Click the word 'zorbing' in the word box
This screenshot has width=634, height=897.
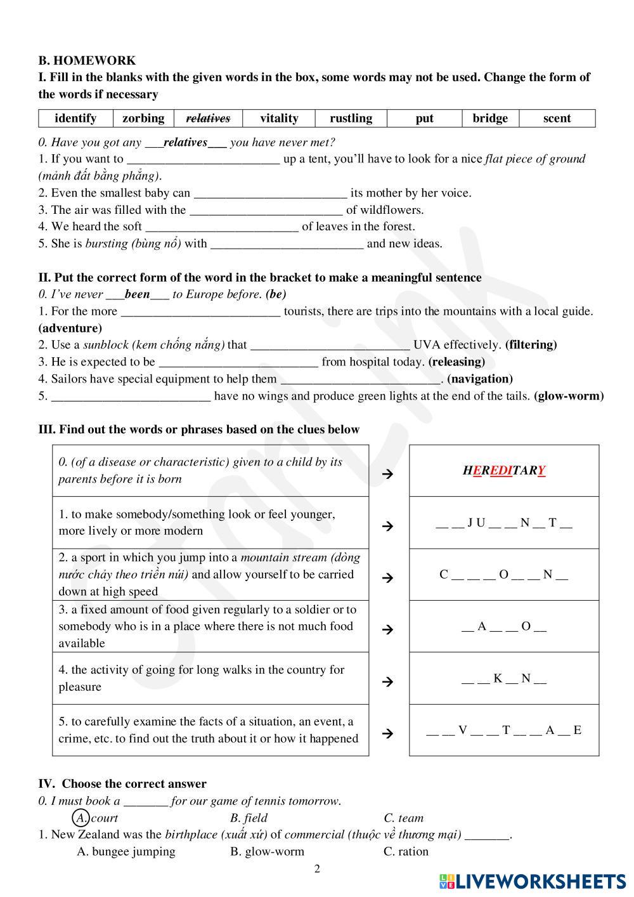coord(143,118)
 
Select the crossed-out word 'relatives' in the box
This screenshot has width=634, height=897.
coord(208,118)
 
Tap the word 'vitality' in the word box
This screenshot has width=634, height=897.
coord(279,118)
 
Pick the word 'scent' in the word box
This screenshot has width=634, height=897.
coord(557,118)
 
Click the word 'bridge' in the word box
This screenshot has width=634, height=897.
coord(490,118)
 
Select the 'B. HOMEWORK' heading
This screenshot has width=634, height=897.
coord(87,60)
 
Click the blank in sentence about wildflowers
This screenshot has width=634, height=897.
coord(266,211)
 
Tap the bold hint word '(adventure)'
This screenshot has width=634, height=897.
coord(70,328)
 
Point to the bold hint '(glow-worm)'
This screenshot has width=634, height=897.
coord(569,396)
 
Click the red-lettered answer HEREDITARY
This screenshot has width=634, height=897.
coord(504,471)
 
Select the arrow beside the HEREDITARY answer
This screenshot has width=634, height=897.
coord(388,473)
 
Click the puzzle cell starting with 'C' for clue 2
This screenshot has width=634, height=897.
coord(503,575)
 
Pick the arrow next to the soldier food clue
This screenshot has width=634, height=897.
coord(388,629)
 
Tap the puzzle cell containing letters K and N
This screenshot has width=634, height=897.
coord(503,679)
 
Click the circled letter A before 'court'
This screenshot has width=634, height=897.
coord(81,817)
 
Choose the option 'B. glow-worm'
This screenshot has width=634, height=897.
coord(267,851)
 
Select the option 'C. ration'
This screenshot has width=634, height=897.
coord(406,851)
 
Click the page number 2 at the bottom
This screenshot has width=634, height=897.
coord(317,868)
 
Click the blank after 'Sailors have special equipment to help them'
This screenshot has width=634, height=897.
coord(360,379)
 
